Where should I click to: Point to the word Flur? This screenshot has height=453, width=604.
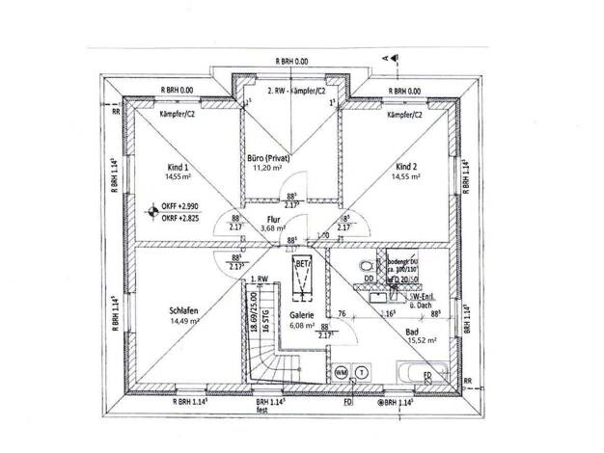272,219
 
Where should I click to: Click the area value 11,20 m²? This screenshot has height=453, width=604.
267,168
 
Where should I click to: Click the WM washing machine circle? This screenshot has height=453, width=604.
341,371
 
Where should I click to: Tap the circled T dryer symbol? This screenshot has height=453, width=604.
360,371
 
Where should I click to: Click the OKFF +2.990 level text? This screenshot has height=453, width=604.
180,207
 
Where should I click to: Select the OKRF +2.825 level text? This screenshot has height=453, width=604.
180,218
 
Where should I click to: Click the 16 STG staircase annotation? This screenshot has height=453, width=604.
262,315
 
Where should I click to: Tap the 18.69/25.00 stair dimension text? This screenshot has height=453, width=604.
253,315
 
